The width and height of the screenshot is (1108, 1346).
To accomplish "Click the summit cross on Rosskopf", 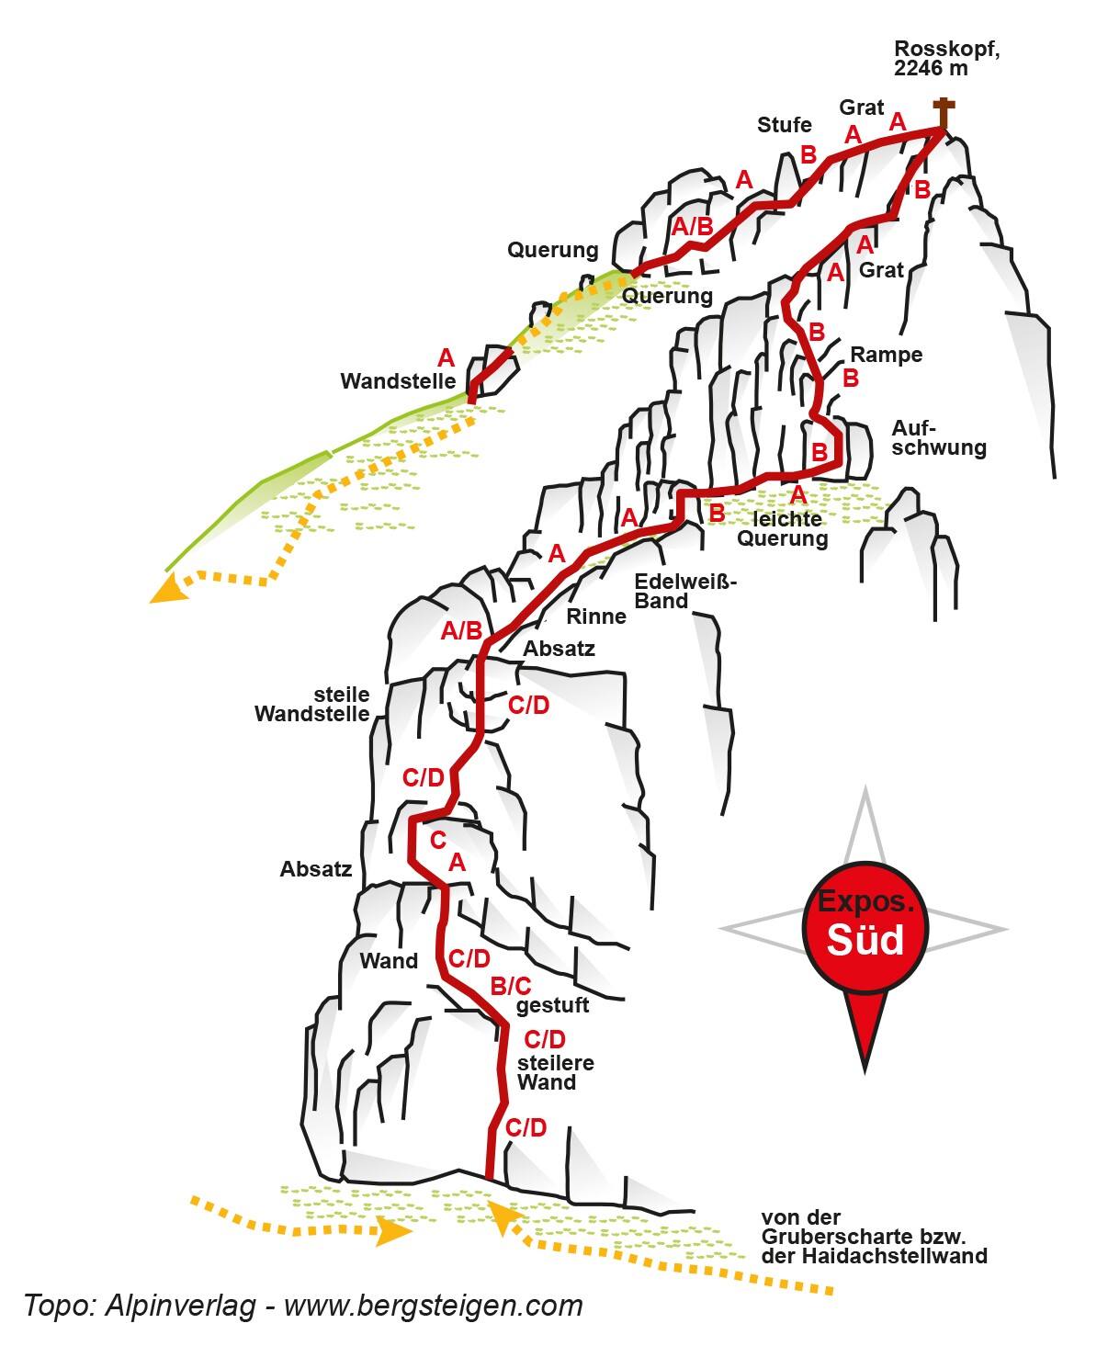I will pyautogui.click(x=944, y=113).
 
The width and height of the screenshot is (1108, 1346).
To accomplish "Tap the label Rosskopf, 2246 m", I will pyautogui.click(x=945, y=58).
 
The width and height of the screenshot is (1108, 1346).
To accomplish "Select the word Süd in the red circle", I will pyautogui.click(x=865, y=940).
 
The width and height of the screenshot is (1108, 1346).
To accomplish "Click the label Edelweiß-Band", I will pyautogui.click(x=684, y=592).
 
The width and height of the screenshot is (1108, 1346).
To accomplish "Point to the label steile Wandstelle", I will pyautogui.click(x=312, y=704).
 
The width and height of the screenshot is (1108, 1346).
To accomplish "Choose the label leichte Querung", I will pyautogui.click(x=783, y=529).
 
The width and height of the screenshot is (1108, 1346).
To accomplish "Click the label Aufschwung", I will pyautogui.click(x=938, y=438).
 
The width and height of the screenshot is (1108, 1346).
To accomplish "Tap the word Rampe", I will pyautogui.click(x=886, y=355).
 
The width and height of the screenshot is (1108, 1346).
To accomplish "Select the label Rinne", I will pyautogui.click(x=596, y=616).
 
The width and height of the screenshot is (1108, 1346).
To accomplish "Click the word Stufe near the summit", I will pyautogui.click(x=784, y=125).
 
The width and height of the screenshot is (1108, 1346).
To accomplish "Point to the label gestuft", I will pyautogui.click(x=552, y=1005).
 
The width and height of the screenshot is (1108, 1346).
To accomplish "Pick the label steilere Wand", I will pyautogui.click(x=555, y=1072).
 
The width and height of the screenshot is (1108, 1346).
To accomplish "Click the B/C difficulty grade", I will pyautogui.click(x=511, y=986).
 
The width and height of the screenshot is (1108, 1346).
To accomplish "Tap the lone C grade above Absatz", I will pyautogui.click(x=438, y=840).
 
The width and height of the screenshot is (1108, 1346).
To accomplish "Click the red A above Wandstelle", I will pyautogui.click(x=447, y=358).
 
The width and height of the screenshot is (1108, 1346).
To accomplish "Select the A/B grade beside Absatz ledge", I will pyautogui.click(x=461, y=631).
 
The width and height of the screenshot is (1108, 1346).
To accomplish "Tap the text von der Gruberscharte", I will pyautogui.click(x=873, y=1237).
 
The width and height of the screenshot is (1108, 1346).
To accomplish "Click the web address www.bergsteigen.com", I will pyautogui.click(x=433, y=1306).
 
